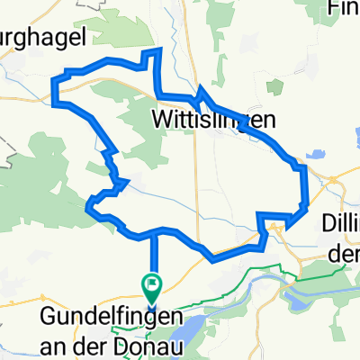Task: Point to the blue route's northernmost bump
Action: [155, 51]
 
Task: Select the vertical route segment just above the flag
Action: [152, 256]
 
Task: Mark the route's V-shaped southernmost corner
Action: [213, 259]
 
